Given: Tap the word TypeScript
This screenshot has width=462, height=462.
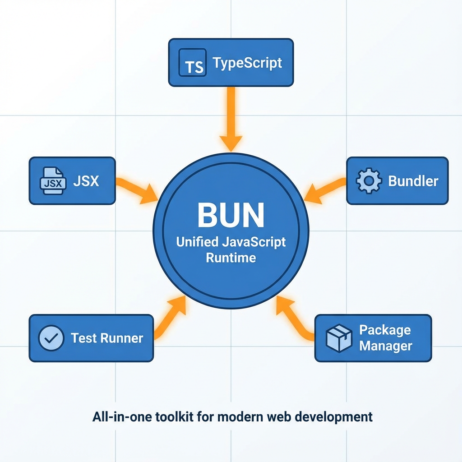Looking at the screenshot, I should pyautogui.click(x=247, y=63).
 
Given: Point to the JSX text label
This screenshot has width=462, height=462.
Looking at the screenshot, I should pyautogui.click(x=85, y=181).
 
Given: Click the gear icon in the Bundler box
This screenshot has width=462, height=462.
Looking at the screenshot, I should pyautogui.click(x=369, y=181).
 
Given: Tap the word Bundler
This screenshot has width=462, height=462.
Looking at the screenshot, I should pyautogui.click(x=413, y=181).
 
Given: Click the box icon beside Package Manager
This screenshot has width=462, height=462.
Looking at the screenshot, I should pyautogui.click(x=339, y=338).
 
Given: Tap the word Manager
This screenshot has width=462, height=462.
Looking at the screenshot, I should pyautogui.click(x=385, y=346).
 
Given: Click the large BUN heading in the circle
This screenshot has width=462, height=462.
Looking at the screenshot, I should pyautogui.click(x=231, y=216).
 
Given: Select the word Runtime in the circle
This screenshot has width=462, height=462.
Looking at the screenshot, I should pyautogui.click(x=231, y=258).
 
